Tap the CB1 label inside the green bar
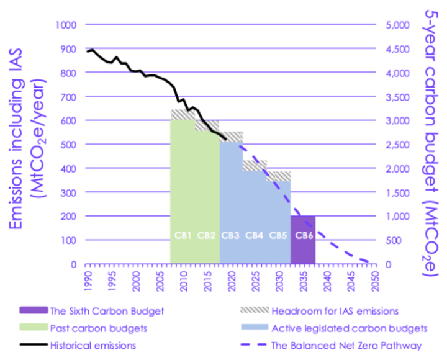tap(183, 235)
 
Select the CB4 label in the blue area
tap(255, 235)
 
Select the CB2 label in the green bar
tap(206, 235)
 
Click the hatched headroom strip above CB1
tap(183, 114)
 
